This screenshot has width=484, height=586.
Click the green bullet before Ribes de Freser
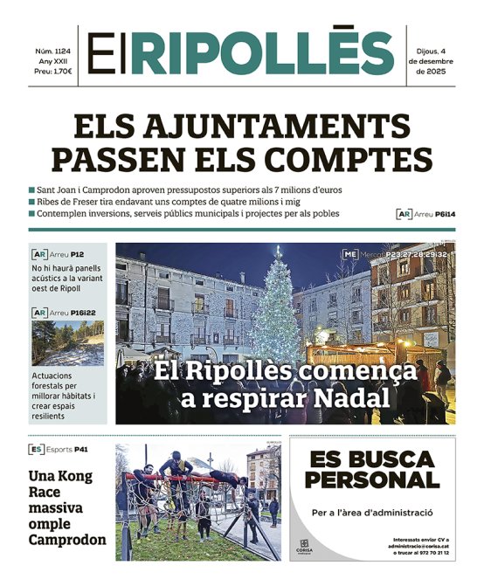tap(31, 202)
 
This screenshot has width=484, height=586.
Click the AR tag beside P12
tap(38, 254)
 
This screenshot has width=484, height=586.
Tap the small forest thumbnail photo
tap(67, 344)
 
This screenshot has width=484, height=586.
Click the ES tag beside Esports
tap(37, 450)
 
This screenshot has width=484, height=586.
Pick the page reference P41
tap(81, 450)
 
